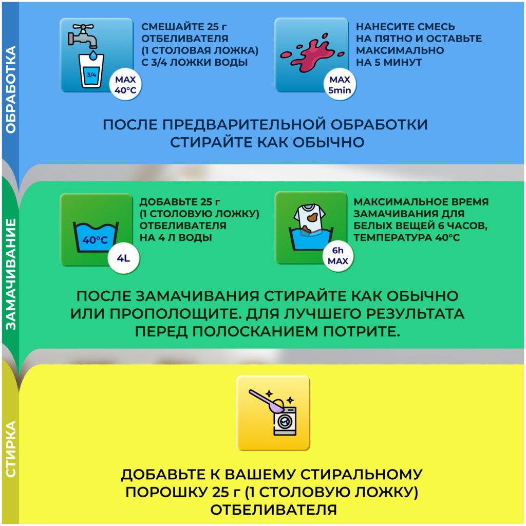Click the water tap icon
coord(83,36)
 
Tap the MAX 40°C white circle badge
coord(125,85)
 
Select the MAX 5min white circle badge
coord(340,85)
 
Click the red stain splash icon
coord(312,53)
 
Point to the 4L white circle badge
coord(123,258)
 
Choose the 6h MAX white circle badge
coord(338,256)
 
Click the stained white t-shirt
coord(309,218)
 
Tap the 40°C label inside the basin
coord(95,240)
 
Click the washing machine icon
coord(285,421)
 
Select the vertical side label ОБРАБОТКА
coord(11,89)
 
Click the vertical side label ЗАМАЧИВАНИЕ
coord(11,274)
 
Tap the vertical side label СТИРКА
coord(11,449)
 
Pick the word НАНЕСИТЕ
coord(379,27)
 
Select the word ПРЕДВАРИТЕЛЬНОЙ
coord(244,124)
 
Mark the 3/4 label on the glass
coord(91,74)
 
